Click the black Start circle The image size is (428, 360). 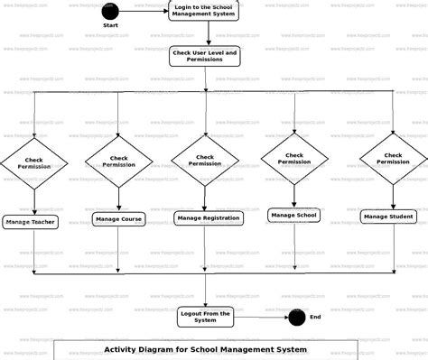click(x=110, y=12)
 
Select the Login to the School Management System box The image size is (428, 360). click(x=204, y=11)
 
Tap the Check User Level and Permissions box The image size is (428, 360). click(x=205, y=58)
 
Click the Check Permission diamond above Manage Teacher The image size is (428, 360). click(x=34, y=164)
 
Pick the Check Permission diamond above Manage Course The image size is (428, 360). click(x=119, y=162)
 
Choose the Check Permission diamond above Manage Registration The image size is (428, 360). click(x=205, y=160)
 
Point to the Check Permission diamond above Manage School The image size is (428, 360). click(x=294, y=159)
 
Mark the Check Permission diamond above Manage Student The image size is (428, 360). click(x=393, y=159)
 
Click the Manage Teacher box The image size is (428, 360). click(x=32, y=222)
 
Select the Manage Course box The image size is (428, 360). click(x=118, y=218)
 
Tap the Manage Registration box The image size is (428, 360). click(x=209, y=217)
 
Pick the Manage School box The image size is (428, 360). click(x=294, y=215)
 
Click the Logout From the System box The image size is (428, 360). click(x=206, y=317)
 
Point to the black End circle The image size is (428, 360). click(x=296, y=317)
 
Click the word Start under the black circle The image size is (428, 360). click(x=110, y=26)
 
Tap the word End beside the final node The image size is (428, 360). click(x=316, y=317)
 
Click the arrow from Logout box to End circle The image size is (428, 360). click(x=262, y=317)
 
